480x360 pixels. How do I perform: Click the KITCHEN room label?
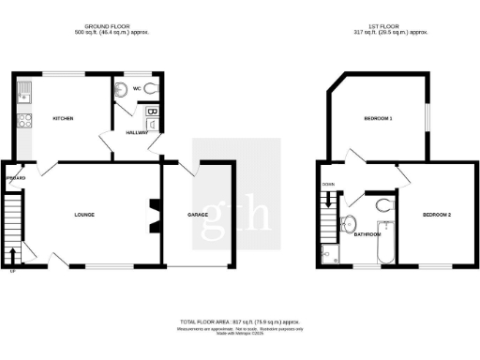(63, 118)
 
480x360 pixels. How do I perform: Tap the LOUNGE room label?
(84, 215)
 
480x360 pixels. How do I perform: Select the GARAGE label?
(197, 215)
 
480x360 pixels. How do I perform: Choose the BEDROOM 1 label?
(378, 119)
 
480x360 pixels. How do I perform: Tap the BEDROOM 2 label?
(437, 215)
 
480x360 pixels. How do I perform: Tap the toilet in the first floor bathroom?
(384, 205)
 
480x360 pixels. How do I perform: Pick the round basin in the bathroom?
(349, 223)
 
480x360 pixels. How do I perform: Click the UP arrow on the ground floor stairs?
(12, 255)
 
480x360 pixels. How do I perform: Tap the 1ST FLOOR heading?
(381, 26)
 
